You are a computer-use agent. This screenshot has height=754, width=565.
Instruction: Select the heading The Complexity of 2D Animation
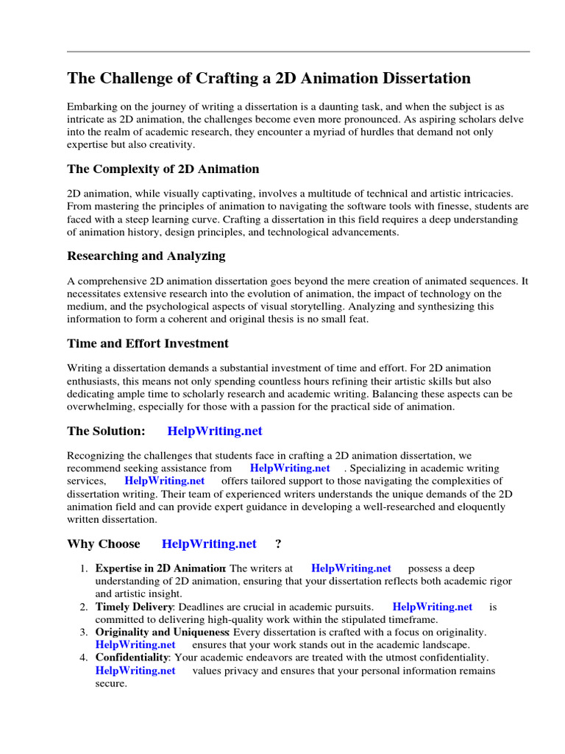(163, 169)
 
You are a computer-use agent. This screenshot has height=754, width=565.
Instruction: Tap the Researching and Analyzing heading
(146, 256)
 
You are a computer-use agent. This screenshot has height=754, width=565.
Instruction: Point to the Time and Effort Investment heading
(147, 343)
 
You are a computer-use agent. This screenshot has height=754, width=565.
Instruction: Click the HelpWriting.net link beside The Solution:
(214, 431)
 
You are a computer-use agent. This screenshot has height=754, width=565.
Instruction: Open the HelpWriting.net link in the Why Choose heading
(209, 544)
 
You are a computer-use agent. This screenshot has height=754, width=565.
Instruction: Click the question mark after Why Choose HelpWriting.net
(278, 544)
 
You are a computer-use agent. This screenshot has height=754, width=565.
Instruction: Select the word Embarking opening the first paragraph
(91, 107)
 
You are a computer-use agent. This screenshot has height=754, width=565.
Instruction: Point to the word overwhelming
(100, 406)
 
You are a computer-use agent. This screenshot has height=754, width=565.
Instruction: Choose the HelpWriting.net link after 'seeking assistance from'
(290, 468)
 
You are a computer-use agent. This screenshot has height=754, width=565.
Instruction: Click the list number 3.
(83, 632)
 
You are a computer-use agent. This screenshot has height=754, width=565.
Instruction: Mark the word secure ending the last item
(111, 683)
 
